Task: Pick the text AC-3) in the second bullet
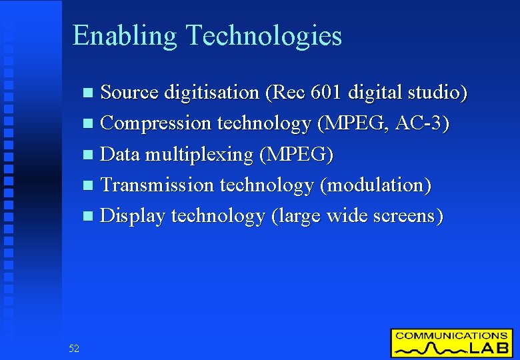click(x=423, y=123)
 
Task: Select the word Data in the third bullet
click(x=119, y=154)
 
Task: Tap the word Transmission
click(x=157, y=185)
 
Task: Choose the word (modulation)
click(x=376, y=185)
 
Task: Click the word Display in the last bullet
click(x=133, y=217)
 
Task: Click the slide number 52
click(x=73, y=348)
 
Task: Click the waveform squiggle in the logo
click(x=429, y=349)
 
